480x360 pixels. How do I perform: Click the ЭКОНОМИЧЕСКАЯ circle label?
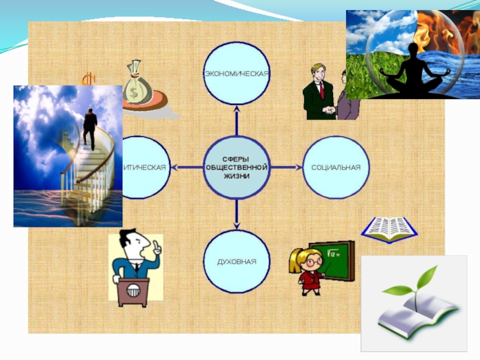236,73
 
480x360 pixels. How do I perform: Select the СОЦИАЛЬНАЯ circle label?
336,167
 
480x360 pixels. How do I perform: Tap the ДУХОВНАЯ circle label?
236,262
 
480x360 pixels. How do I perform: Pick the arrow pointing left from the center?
184,167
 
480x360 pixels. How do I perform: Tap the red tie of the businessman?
322,89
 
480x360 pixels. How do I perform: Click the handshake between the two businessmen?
329,110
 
